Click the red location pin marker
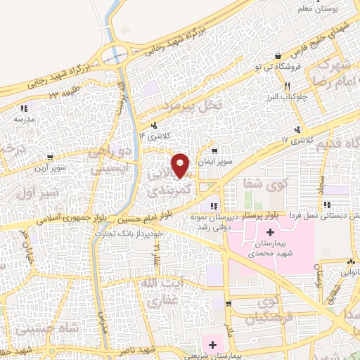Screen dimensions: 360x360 [181, 165]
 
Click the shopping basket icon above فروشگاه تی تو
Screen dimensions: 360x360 [278, 56]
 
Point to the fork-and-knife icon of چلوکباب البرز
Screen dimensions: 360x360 [286, 86]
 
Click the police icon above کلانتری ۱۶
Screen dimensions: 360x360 [154, 124]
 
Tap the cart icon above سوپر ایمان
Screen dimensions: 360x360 [214, 150]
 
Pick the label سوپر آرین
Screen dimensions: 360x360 [49, 169]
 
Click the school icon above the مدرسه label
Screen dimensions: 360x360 [22, 108]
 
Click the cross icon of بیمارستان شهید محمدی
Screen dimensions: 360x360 [270, 232]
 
